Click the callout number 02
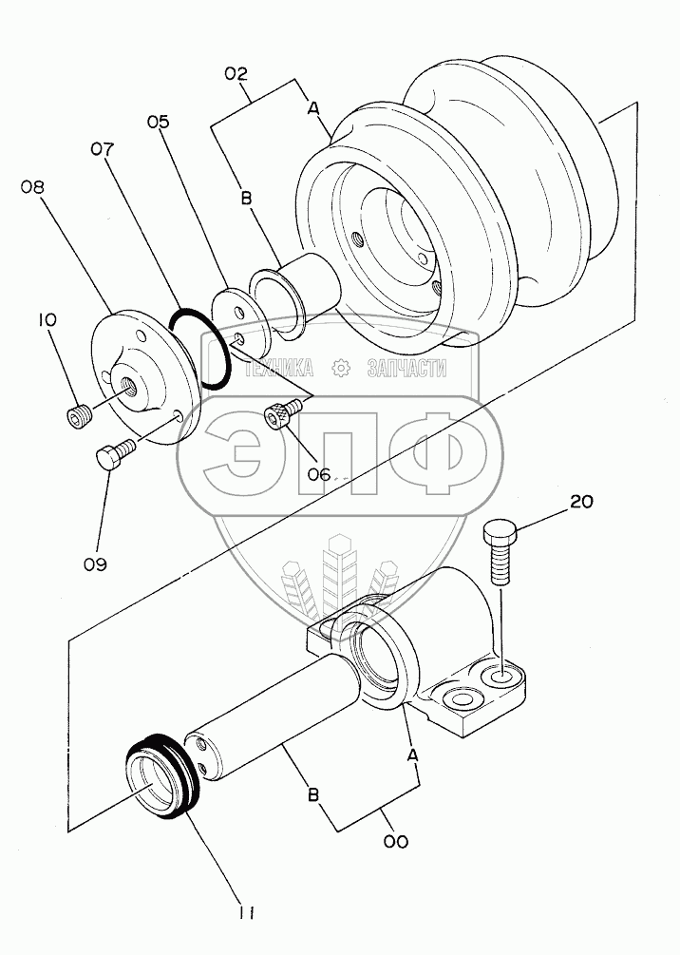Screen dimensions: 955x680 click(x=236, y=72)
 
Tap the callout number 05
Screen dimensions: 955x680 click(x=158, y=122)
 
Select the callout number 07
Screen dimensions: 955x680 click(x=103, y=149)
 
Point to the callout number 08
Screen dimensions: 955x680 click(x=33, y=187)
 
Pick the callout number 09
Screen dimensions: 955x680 click(x=94, y=563)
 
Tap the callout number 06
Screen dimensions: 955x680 click(x=321, y=472)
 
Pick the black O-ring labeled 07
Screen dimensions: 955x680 click(x=200, y=349)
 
